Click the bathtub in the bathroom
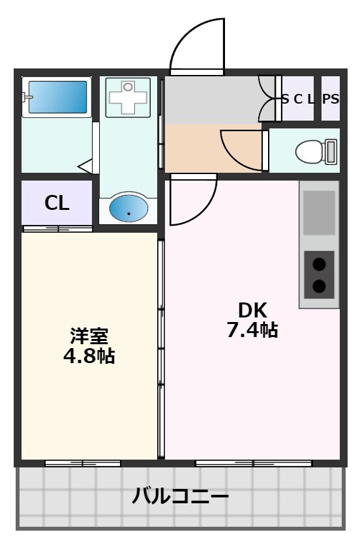tap(56, 97)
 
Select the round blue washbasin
tap(128, 209)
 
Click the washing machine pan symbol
tap(128, 98)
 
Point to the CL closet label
tap(57, 203)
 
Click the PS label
tap(331, 99)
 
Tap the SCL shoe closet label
tap(298, 99)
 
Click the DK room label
tap(252, 310)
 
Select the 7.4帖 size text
tap(252, 330)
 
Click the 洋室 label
tap(89, 336)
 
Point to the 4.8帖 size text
tap(89, 356)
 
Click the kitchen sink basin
tap(319, 213)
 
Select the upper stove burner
tap(319, 264)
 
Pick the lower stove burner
tap(319, 286)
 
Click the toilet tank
tap(331, 152)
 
